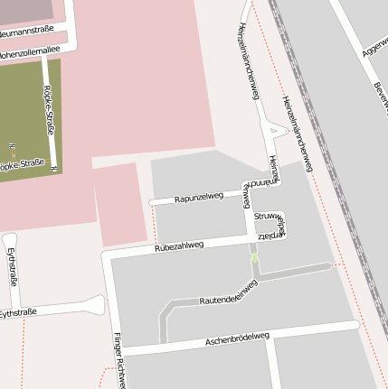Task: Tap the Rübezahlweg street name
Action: click(179, 245)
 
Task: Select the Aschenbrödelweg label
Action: click(237, 338)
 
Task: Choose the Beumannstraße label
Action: click(26, 6)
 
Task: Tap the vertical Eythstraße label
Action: click(13, 266)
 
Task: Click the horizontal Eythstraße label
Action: click(18, 312)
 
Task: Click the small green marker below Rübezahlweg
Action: click(254, 259)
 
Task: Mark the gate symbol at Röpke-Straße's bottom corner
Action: click(55, 169)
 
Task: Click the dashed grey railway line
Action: click(326, 162)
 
